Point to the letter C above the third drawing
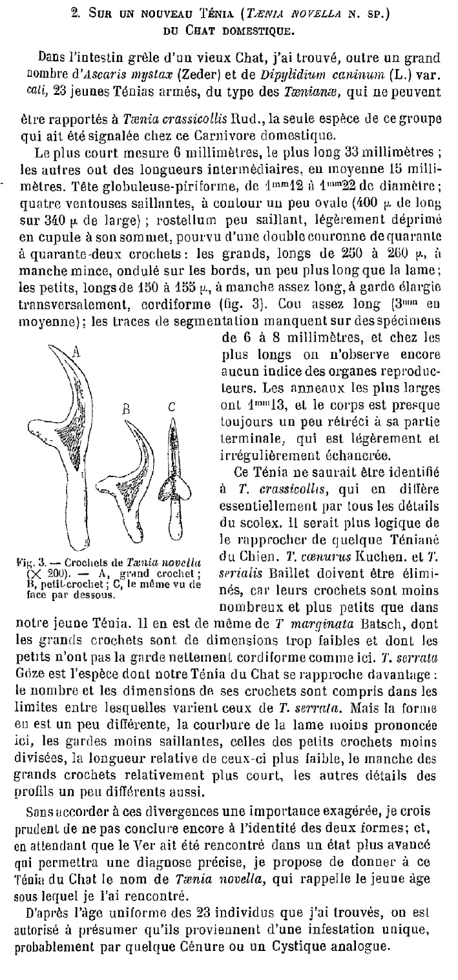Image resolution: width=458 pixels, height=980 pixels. point(171,407)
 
